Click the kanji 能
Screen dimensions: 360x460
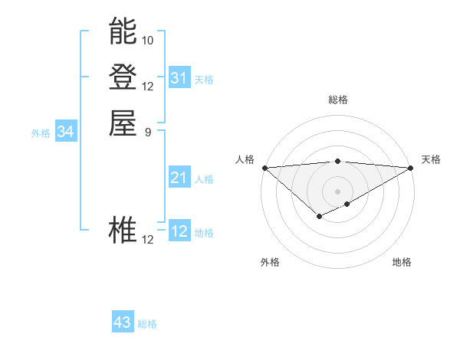(123, 32)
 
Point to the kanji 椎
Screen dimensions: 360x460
(123, 231)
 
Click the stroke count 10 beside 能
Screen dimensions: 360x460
(148, 40)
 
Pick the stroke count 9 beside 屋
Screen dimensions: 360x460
(148, 131)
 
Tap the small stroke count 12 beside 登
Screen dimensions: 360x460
(148, 86)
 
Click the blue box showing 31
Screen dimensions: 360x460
(179, 78)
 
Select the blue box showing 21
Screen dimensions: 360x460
(179, 178)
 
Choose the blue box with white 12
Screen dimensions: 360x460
(179, 231)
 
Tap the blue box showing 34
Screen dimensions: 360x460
(66, 133)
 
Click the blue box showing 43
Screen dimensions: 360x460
(123, 323)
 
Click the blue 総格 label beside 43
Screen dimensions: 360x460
(147, 324)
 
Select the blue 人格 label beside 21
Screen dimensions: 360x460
(204, 179)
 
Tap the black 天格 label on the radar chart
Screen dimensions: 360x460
(431, 159)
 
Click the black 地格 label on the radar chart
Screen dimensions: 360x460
(402, 262)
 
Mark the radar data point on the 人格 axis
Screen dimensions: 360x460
(264, 168)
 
